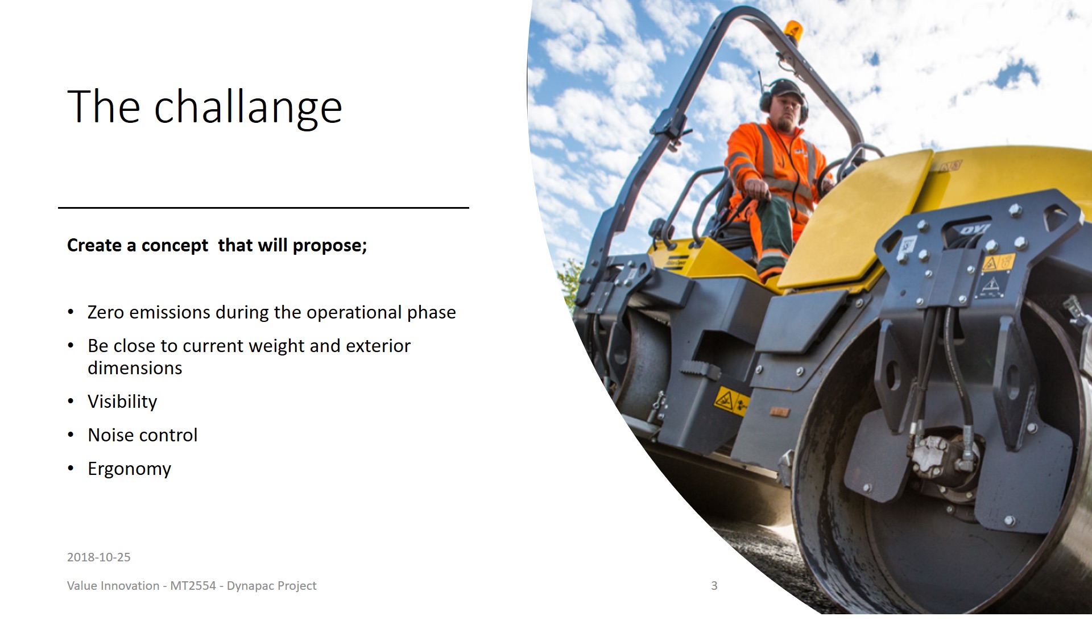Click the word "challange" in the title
(248, 107)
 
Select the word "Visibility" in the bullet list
(122, 402)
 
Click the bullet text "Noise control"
(143, 435)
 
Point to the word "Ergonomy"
(129, 469)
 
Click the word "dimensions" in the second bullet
(135, 368)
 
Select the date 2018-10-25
(99, 557)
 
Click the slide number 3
(714, 586)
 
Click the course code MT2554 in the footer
(193, 586)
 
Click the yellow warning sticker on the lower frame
(731, 401)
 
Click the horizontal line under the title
(263, 208)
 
